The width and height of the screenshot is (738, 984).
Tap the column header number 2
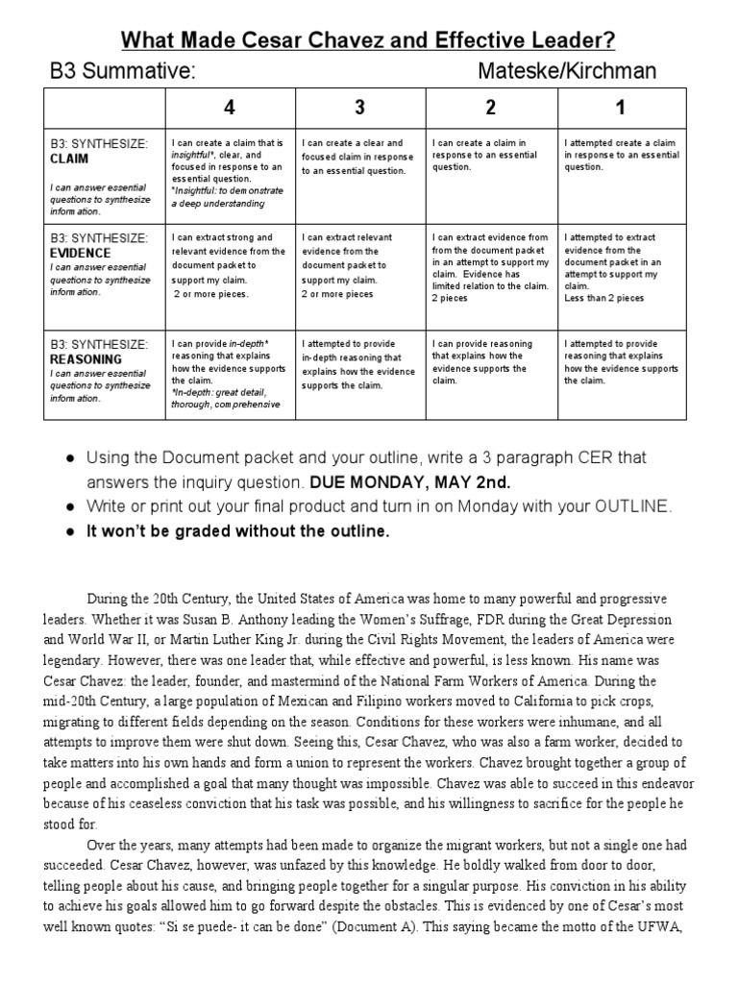491,107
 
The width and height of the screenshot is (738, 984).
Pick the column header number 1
622,107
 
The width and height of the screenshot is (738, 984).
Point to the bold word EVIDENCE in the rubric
79,252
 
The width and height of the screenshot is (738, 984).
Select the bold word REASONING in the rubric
86,358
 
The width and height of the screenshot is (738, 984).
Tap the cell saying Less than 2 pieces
604,298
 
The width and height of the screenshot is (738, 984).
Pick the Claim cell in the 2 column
491,155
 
